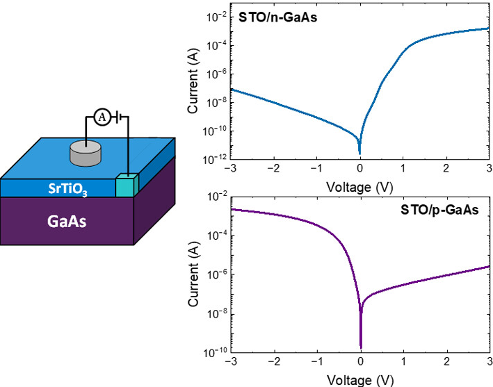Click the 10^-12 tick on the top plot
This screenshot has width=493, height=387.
pos(211,160)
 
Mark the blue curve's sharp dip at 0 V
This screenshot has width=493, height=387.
pos(359,151)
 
